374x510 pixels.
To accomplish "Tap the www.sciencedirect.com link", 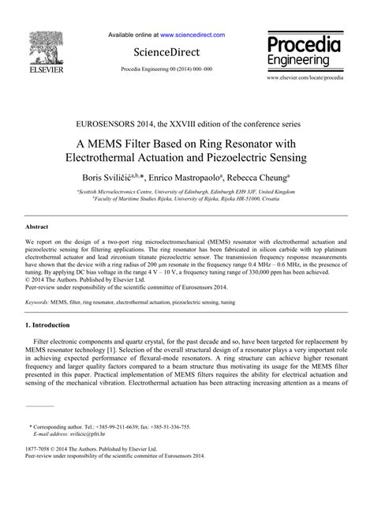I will coord(193,36).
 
